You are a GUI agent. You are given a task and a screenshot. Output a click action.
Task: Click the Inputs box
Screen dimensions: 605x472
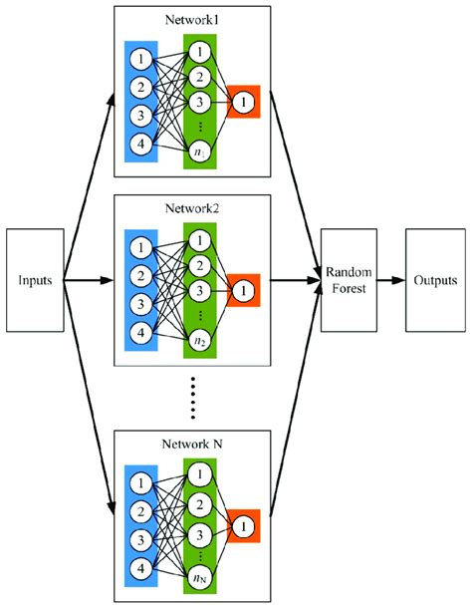coord(36,280)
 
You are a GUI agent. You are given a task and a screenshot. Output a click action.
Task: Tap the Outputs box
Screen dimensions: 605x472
coord(432,280)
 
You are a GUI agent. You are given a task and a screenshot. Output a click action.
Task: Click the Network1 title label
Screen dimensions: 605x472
coord(192,20)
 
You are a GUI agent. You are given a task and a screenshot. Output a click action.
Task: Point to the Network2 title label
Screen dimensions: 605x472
coord(192,212)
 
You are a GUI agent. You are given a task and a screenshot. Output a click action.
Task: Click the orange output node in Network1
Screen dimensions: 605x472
coord(243,102)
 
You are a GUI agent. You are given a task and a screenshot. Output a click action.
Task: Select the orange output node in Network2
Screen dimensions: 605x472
coord(243,290)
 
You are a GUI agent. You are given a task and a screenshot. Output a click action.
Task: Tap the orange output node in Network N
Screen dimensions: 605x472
coord(243,523)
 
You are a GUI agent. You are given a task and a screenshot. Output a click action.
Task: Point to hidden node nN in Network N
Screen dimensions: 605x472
coord(202,576)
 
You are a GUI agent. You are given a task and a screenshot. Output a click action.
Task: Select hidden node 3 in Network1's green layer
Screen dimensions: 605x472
coord(202,102)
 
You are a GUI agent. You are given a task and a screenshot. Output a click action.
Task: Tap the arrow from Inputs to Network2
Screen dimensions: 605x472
coord(89,280)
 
